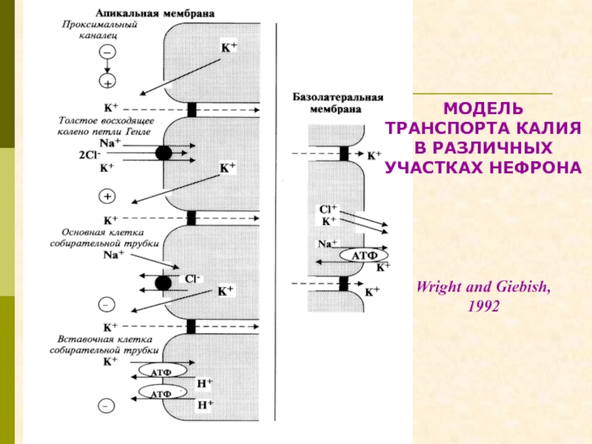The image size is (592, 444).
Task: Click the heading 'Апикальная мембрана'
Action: (155, 13)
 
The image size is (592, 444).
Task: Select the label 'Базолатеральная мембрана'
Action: (338, 103)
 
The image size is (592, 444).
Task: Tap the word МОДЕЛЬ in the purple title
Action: (483, 109)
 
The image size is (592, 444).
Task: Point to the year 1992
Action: (484, 306)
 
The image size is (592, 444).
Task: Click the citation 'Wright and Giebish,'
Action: (483, 287)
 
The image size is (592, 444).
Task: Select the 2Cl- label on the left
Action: (90, 155)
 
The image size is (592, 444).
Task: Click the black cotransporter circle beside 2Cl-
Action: (164, 153)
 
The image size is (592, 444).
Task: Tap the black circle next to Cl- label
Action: (163, 283)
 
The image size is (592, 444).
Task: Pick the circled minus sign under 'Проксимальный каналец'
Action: (107, 52)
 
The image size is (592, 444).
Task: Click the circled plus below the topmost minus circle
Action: (107, 81)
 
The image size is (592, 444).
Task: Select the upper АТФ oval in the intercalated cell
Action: (162, 371)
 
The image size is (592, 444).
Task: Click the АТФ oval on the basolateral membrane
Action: (364, 255)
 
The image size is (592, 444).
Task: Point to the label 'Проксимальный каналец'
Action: (99, 30)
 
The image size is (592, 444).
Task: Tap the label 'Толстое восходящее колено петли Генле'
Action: (105, 126)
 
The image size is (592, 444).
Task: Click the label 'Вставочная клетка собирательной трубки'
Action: (104, 345)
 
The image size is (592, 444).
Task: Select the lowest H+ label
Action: (205, 405)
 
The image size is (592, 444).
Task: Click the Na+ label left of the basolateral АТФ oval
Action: (327, 244)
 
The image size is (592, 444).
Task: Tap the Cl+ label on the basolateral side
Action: (328, 209)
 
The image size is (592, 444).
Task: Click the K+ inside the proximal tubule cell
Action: (229, 47)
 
